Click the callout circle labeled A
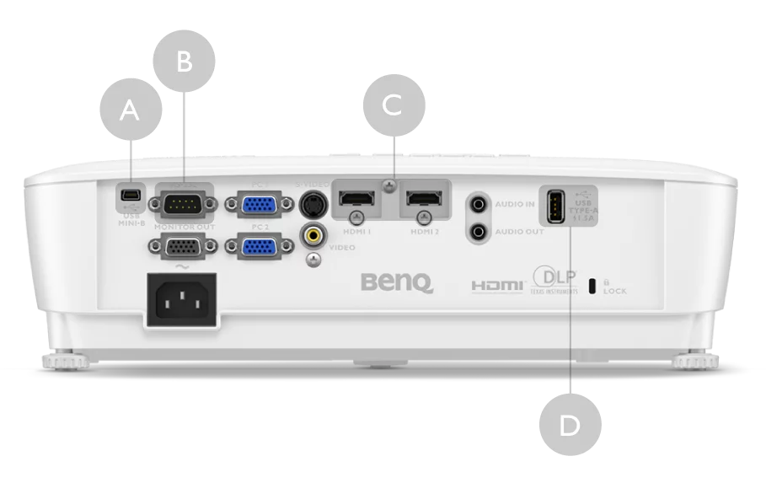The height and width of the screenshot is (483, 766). point(130,110)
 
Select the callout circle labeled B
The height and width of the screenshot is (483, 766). point(185,62)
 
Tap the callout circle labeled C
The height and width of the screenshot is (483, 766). point(394,105)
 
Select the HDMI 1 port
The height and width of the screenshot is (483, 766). point(357,201)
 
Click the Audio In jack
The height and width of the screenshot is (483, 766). point(479,203)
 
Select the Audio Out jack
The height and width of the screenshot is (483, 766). point(479,230)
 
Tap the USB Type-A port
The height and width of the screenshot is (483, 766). point(555,207)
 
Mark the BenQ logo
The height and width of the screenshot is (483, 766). point(397,282)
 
